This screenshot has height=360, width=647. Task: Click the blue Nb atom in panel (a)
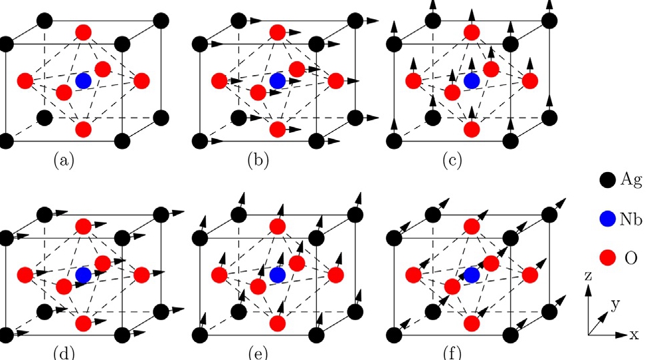pyautogui.click(x=83, y=81)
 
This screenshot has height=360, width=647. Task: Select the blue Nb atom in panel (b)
pyautogui.click(x=278, y=81)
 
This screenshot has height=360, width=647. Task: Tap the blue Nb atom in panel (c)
pyautogui.click(x=472, y=81)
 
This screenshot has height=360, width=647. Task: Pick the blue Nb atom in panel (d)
pyautogui.click(x=83, y=274)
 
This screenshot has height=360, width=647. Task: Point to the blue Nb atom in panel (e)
pyautogui.click(x=278, y=274)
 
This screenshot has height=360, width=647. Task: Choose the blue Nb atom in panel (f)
pyautogui.click(x=472, y=274)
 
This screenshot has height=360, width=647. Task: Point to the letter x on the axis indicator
pyautogui.click(x=635, y=334)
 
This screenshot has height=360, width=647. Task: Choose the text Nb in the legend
pyautogui.click(x=632, y=218)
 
